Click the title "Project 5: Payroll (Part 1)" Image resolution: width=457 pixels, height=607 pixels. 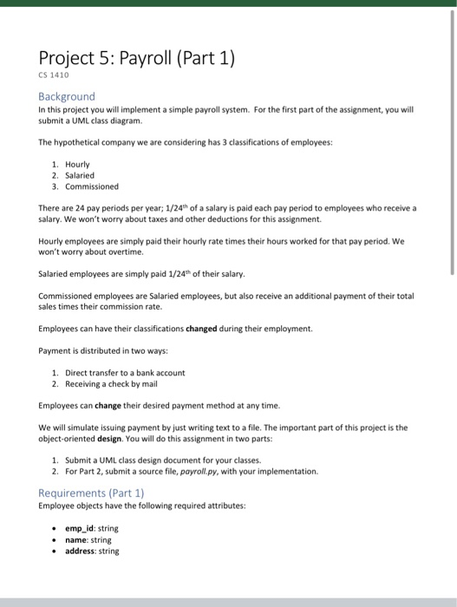click(x=137, y=60)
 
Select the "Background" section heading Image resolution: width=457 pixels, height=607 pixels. click(x=67, y=96)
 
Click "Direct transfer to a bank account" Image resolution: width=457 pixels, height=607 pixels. click(x=125, y=372)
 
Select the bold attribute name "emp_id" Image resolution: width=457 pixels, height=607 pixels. click(x=82, y=528)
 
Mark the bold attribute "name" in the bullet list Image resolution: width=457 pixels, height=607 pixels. click(x=78, y=539)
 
